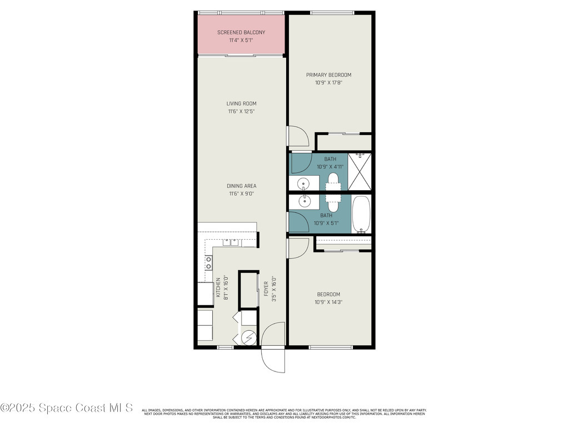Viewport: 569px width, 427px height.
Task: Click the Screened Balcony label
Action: tap(241, 32)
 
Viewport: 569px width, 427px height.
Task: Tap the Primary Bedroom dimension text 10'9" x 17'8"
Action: tap(329, 83)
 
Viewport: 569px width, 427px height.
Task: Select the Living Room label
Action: tap(241, 103)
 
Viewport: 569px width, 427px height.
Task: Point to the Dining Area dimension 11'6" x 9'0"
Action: tap(241, 194)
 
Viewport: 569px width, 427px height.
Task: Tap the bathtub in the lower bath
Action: tap(361, 213)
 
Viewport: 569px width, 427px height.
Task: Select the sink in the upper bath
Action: tap(303, 183)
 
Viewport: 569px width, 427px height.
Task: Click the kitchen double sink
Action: tap(231, 242)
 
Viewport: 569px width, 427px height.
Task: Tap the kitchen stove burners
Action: tap(208, 262)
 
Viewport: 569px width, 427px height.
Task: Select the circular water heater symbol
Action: tap(249, 337)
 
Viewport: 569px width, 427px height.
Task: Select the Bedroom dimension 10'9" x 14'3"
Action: tap(329, 302)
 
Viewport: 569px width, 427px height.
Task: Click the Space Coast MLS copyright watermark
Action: tap(67, 408)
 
